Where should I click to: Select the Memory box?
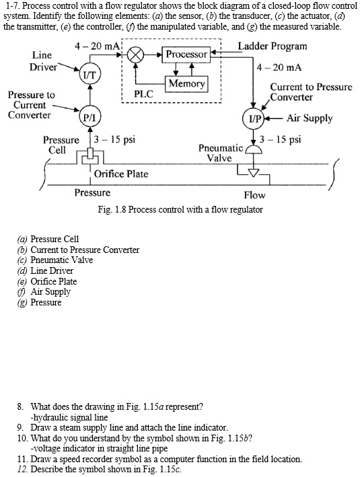(186, 84)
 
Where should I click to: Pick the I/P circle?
(254, 118)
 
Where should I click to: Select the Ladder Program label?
(273, 46)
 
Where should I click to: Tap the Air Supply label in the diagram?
(310, 118)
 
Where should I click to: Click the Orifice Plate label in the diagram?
(121, 174)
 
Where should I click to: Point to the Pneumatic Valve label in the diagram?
(220, 153)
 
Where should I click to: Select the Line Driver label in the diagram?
(43, 61)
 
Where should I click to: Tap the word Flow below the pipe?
(254, 195)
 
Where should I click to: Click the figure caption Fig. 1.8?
(180, 210)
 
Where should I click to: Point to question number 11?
(22, 459)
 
